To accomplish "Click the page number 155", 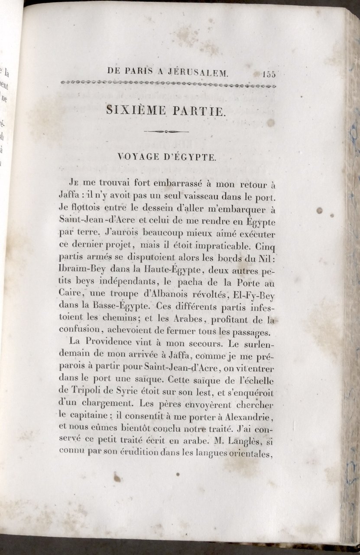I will point(269,74).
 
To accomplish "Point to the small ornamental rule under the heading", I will point(166,131).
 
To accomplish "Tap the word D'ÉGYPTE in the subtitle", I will point(192,158).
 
